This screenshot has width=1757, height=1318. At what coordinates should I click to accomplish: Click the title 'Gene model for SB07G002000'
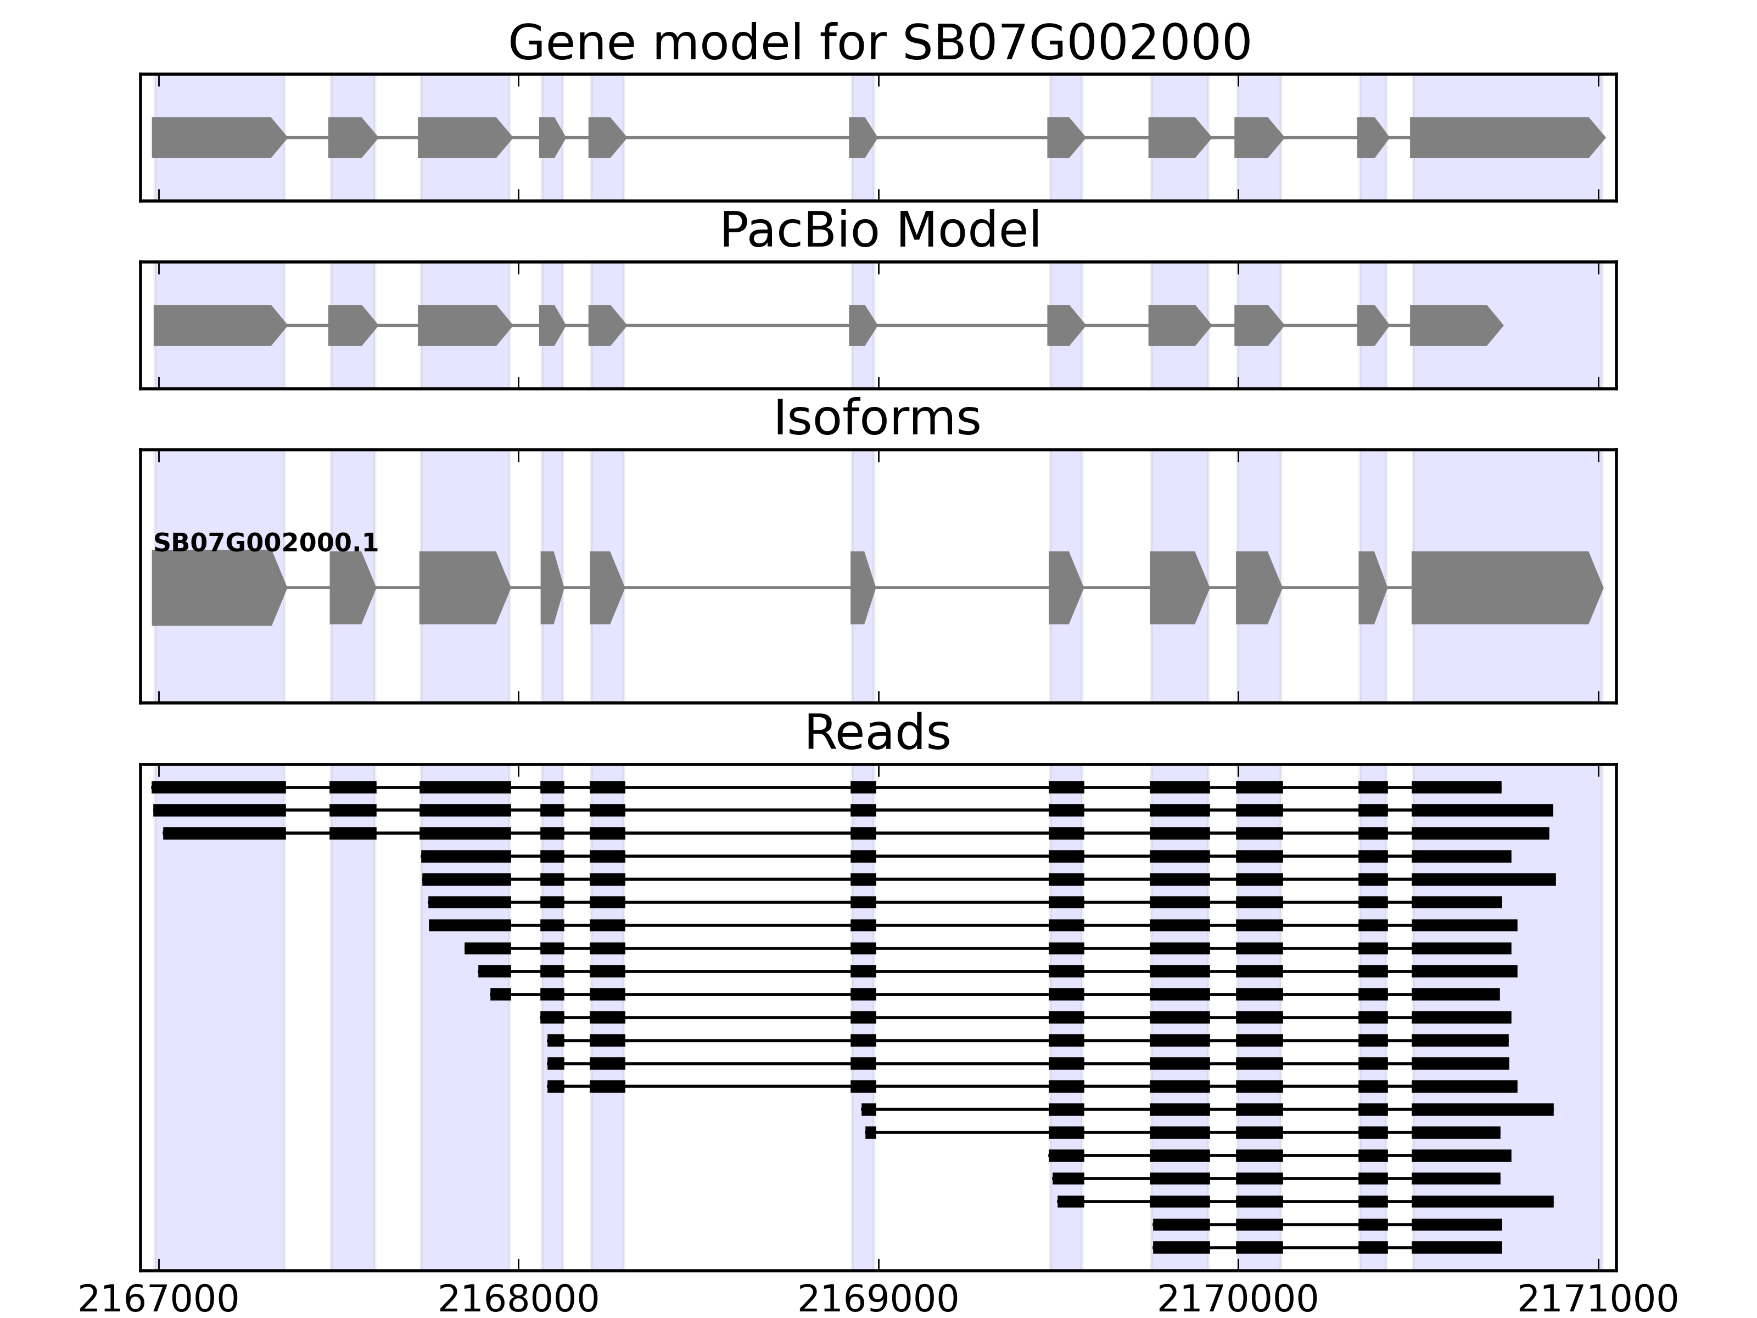point(879,43)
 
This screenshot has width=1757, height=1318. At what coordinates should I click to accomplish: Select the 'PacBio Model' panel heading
point(879,231)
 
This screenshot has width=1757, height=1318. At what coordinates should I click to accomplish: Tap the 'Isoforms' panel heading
point(877,418)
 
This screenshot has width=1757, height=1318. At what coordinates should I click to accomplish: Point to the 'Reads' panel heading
point(877,733)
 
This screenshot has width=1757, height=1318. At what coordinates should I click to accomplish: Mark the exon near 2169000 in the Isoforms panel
point(861,588)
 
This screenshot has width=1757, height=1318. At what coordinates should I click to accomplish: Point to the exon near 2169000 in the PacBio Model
point(861,325)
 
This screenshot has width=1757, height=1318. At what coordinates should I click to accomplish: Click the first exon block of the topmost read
point(219,788)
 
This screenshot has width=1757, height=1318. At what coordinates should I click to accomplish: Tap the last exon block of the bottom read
point(1456,1247)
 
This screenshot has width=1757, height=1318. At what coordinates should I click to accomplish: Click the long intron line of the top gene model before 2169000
point(737,137)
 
